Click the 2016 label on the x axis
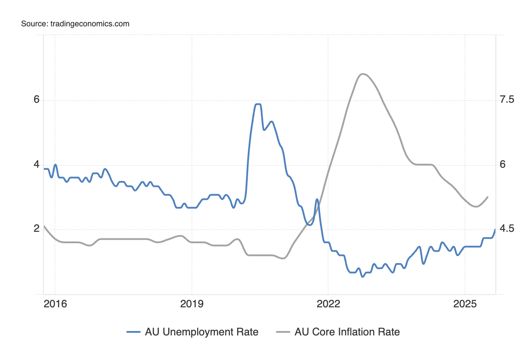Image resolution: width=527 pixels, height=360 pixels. pos(55,303)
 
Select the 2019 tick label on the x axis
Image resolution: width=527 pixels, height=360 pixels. pos(191,303)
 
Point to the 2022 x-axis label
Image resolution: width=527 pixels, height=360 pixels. pos(328,303)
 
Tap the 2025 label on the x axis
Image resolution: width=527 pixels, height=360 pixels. pos(465,303)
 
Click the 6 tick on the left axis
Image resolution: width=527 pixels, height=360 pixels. pos(37,100)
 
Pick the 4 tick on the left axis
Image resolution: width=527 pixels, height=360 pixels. pos(37,165)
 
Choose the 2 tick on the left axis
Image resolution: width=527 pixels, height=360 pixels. pos(37,229)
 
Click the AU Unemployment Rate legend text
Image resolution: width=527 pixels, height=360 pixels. pos(202,332)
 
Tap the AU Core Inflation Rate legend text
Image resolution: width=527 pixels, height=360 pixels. pos(347,332)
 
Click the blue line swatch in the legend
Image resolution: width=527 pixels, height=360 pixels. pos(134,332)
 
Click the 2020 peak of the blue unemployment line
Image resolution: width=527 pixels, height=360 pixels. pos(258,104)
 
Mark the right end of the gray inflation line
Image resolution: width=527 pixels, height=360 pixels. pos(488,197)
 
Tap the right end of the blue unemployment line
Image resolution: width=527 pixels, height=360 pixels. pos(495,230)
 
